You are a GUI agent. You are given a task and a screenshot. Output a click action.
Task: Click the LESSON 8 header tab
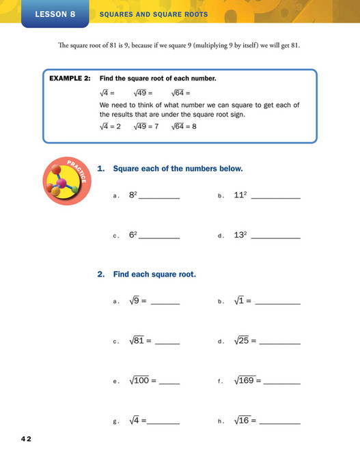point(55,14)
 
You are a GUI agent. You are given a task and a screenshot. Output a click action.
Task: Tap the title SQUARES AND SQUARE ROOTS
point(154,14)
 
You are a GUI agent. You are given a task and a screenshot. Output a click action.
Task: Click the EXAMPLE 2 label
point(70,79)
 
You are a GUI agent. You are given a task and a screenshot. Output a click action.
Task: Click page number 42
point(26,438)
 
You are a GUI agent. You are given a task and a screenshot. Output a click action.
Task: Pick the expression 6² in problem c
point(133,235)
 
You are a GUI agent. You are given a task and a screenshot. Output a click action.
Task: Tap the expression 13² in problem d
point(240,235)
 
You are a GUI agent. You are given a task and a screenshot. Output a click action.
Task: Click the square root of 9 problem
point(138,300)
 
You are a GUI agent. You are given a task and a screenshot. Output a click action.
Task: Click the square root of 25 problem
point(245,341)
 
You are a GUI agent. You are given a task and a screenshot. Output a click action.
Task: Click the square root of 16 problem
point(245,421)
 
